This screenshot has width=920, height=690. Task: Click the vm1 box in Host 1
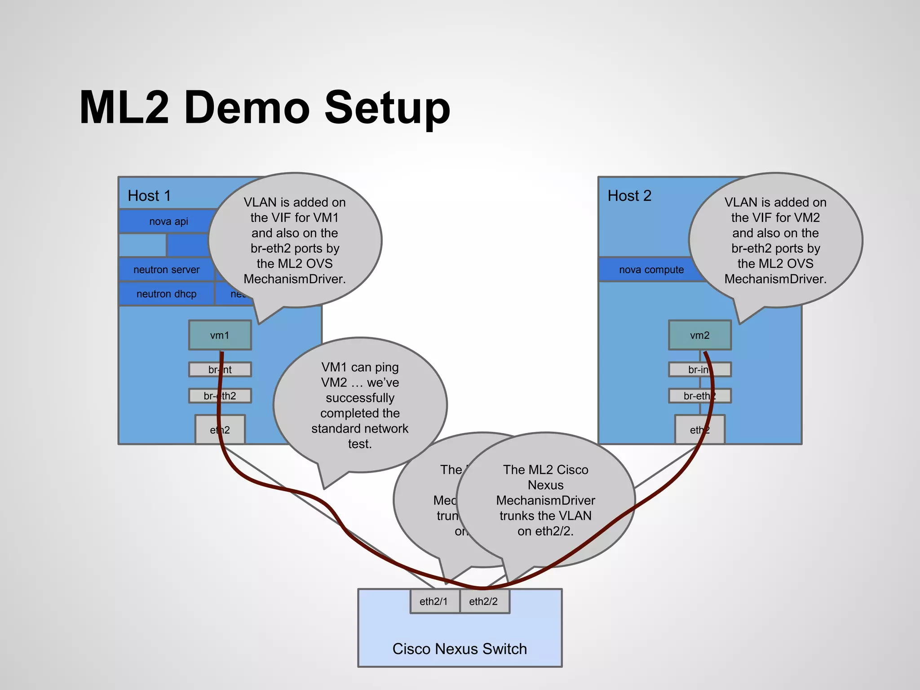[220, 335]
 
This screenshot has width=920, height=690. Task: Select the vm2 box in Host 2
[699, 335]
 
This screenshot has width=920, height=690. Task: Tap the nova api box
[168, 221]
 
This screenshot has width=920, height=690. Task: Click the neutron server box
[166, 270]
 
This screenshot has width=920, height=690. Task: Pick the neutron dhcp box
[166, 294]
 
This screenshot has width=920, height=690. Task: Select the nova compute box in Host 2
[651, 270]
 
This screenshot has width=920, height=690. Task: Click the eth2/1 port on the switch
[434, 602]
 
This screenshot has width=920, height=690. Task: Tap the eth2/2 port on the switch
[484, 602]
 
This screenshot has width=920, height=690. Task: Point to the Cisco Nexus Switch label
[460, 649]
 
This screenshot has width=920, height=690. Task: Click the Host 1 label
[149, 196]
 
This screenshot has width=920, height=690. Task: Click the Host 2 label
[629, 196]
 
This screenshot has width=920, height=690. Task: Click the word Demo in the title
[247, 108]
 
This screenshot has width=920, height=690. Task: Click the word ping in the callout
[386, 367]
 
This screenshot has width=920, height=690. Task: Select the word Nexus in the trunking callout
[545, 485]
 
